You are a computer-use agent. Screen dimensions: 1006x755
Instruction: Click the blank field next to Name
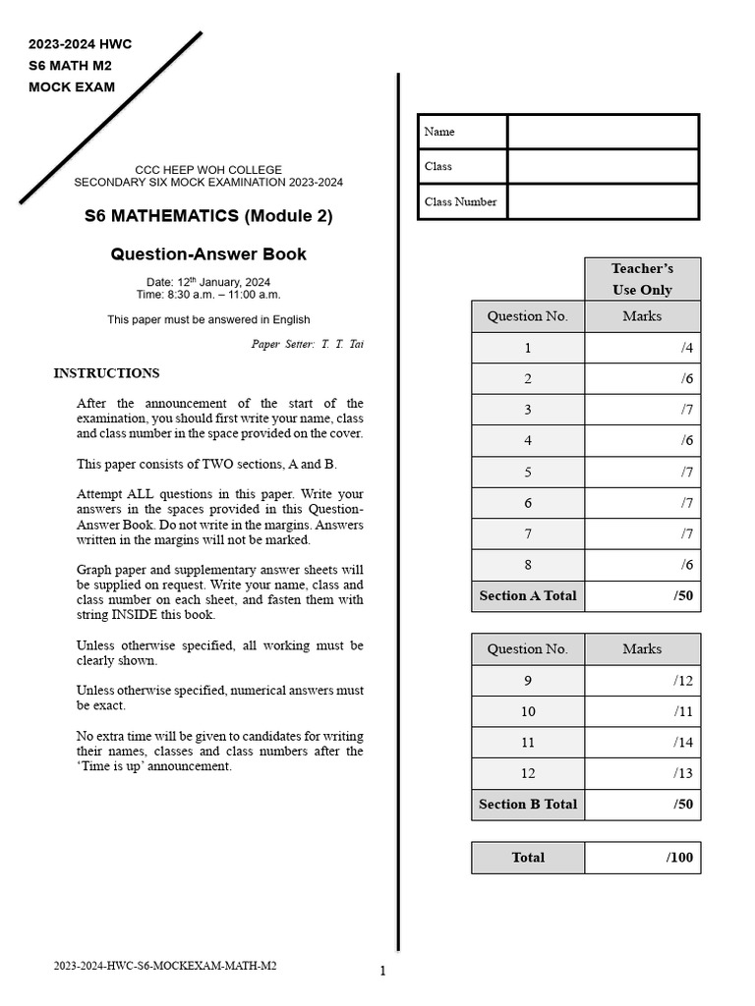603,132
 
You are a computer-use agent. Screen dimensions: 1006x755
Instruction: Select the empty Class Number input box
603,201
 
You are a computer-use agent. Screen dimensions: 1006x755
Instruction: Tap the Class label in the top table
438,166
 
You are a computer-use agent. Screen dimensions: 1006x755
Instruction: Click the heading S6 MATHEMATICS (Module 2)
208,216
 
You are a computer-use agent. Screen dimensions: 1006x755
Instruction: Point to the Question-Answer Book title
208,254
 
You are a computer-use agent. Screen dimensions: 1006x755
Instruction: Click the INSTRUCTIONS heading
106,373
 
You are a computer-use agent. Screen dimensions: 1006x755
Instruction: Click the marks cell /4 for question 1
642,348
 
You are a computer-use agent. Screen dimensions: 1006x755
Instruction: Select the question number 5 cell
528,472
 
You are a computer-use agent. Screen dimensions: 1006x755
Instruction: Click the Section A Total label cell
528,595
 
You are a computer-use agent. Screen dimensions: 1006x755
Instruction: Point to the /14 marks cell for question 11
642,743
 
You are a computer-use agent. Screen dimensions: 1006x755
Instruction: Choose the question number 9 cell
528,681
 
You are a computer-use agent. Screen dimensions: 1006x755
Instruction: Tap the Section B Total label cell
528,804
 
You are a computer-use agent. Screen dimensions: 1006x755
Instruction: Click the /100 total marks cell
642,858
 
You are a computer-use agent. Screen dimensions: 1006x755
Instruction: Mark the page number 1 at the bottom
382,972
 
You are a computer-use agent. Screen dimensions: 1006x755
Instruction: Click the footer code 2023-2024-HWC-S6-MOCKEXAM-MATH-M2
165,966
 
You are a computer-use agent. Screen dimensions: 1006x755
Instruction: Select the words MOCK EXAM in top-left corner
72,86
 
